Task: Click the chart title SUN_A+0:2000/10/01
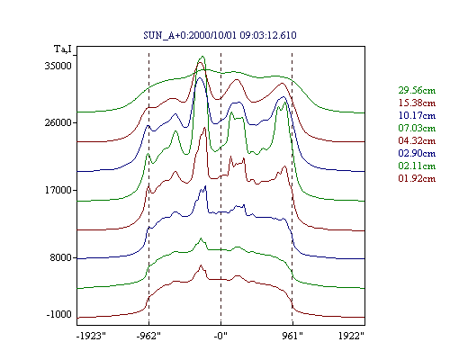191,35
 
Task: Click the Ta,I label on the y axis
63,49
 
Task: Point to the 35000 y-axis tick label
58,66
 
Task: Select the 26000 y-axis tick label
58,122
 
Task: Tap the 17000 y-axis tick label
58,190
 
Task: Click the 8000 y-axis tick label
61,257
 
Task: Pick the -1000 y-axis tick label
59,314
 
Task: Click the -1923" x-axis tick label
91,336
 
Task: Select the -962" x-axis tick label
148,336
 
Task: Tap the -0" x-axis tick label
220,336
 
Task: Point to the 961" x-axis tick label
292,336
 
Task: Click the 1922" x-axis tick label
351,336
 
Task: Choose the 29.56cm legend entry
417,90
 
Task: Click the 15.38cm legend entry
417,103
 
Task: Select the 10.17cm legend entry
417,115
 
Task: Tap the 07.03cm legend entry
417,128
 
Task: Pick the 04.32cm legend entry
417,140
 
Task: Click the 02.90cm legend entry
417,153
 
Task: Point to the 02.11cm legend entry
417,166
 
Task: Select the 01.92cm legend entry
417,178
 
